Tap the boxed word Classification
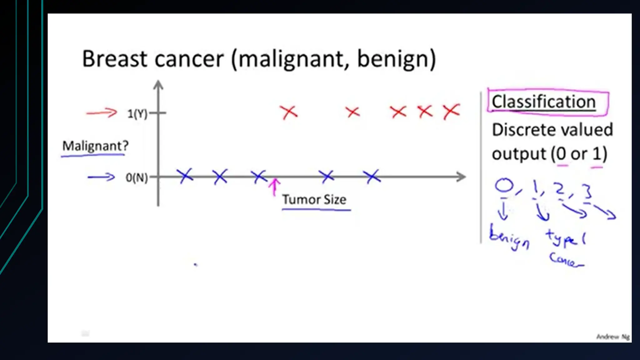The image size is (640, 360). tap(544, 102)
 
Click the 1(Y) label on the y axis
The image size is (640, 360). tap(137, 114)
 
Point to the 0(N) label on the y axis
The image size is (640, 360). tap(137, 177)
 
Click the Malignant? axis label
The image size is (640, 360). tap(95, 146)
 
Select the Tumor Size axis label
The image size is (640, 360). tap(314, 199)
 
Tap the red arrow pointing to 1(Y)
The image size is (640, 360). tap(102, 112)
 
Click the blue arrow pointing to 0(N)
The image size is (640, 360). tap(101, 177)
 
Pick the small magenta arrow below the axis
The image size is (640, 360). tap(274, 187)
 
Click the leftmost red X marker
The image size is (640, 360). tap(289, 112)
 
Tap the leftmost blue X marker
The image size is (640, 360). tap(185, 176)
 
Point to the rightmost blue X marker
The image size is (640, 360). tap(372, 177)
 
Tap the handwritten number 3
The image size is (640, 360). tap(587, 191)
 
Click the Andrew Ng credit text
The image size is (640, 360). tap(613, 337)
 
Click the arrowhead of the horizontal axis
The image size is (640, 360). tap(461, 177)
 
